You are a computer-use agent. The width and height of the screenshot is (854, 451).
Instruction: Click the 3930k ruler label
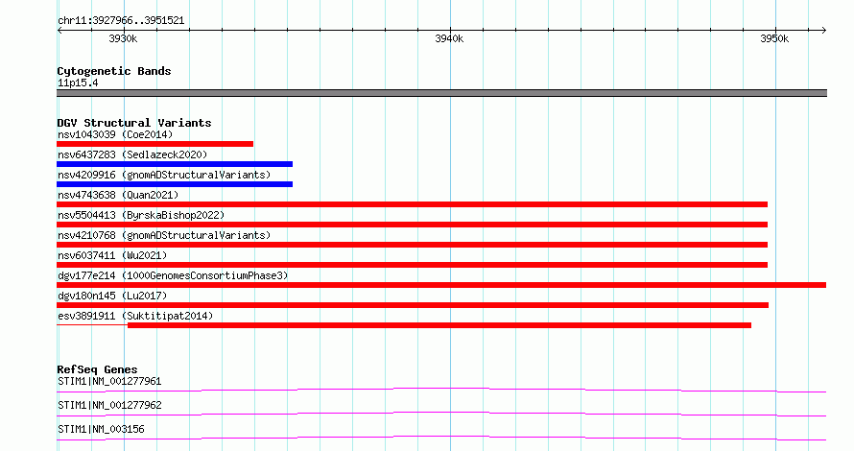(123, 38)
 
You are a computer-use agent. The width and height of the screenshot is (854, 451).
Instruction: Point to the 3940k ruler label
(449, 38)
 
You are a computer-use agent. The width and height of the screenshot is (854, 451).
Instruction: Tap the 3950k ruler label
(774, 38)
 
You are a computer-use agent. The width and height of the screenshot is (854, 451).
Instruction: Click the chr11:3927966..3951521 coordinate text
(121, 21)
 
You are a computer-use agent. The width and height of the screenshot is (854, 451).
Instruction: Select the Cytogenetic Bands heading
(114, 71)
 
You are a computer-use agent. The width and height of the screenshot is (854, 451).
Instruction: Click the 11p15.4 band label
(78, 83)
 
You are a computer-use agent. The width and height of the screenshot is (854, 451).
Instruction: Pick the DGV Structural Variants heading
(134, 123)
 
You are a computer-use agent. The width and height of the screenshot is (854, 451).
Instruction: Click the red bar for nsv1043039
(154, 144)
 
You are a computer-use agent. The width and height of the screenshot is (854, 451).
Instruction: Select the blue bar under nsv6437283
(175, 164)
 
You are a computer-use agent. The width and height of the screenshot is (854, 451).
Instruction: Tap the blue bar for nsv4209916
(175, 184)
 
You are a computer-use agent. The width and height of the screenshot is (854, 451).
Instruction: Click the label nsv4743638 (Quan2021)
(118, 195)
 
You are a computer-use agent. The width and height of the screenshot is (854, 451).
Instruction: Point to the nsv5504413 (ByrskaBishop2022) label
(141, 215)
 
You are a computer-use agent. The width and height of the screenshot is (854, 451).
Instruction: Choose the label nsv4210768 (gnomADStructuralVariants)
(164, 235)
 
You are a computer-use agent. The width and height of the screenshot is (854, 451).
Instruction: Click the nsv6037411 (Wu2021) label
(112, 255)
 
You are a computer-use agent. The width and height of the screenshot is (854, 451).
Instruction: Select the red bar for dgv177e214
(441, 285)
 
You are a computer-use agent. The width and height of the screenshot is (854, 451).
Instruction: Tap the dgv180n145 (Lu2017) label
(112, 296)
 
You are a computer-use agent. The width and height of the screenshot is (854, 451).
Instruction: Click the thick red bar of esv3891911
(439, 325)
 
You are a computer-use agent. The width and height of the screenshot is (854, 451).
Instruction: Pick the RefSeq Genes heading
(98, 369)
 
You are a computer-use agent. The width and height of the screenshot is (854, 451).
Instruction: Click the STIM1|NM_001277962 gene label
(109, 405)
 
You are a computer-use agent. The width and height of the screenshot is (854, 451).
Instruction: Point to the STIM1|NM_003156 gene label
(102, 429)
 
